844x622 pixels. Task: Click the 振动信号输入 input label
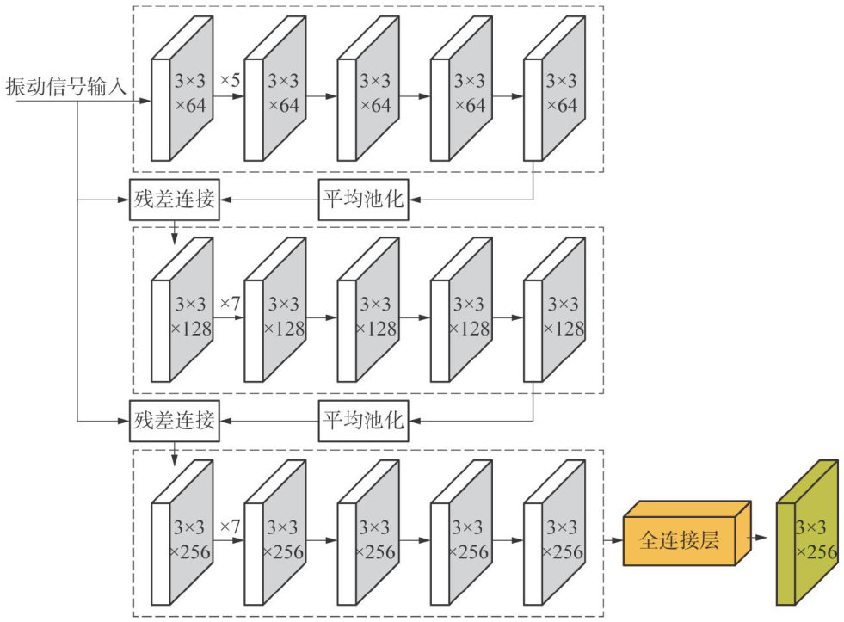tap(66, 86)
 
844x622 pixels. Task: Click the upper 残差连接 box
tap(174, 200)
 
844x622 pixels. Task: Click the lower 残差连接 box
tap(174, 421)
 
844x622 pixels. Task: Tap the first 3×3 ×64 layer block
tap(182, 95)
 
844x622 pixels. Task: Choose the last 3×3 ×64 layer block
tap(554, 95)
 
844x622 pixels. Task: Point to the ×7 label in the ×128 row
tap(230, 304)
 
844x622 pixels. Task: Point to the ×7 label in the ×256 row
tap(230, 525)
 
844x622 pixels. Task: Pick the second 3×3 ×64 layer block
tap(275, 95)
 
